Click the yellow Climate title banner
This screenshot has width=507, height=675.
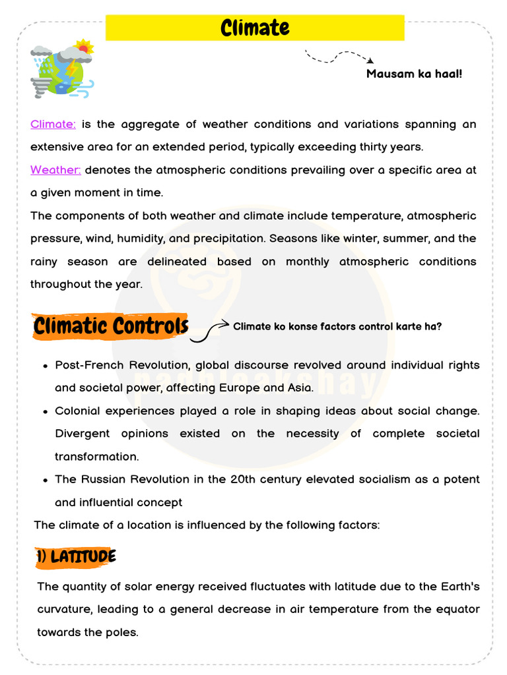click(x=255, y=28)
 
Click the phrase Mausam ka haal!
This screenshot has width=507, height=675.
click(x=414, y=73)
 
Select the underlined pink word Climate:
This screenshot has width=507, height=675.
click(x=53, y=124)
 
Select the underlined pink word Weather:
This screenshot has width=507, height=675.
click(x=55, y=170)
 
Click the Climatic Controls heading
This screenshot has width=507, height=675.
click(x=110, y=326)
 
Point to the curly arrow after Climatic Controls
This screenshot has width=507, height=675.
click(x=209, y=331)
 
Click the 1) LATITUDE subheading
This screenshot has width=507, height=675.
click(x=77, y=557)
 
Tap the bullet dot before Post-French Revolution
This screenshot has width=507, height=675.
click(x=44, y=366)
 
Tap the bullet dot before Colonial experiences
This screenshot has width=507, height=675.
click(x=44, y=411)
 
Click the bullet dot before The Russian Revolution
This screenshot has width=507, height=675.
click(x=44, y=480)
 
